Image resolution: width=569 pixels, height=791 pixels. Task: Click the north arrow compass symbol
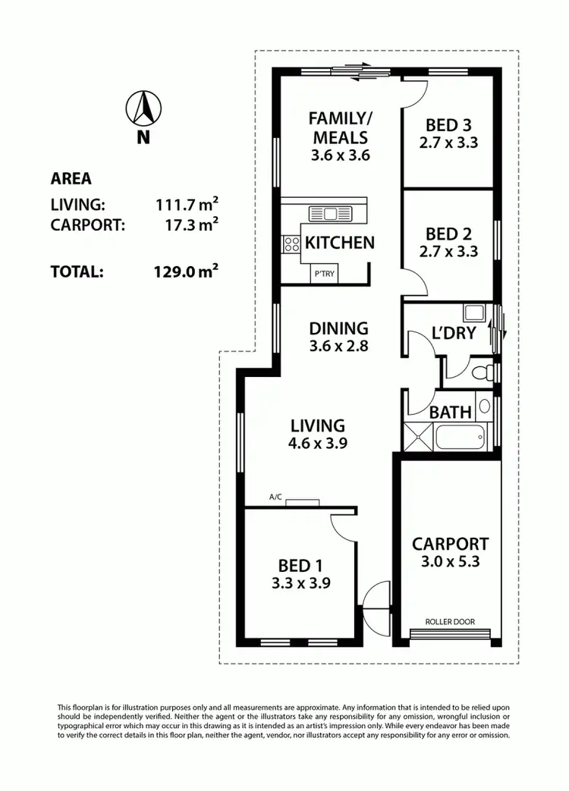point(144,109)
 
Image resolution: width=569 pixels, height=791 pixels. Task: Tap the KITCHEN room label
point(339,243)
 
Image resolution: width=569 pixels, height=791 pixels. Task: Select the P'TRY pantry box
point(322,275)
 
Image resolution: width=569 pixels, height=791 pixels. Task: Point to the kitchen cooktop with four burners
point(291,243)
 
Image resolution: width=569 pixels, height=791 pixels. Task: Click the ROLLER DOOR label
point(450,622)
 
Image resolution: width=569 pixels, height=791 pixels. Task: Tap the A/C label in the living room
point(275,498)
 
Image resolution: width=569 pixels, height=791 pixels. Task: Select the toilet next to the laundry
point(479,372)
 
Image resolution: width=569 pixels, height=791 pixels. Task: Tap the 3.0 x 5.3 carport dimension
point(450,562)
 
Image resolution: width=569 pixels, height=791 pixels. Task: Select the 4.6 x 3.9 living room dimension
point(316,444)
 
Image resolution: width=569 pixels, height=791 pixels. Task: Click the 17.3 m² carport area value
point(190,224)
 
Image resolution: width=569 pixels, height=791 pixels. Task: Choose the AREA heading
point(71,179)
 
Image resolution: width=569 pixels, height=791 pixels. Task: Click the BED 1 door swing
point(343,525)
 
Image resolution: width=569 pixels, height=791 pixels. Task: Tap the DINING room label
point(338,328)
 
